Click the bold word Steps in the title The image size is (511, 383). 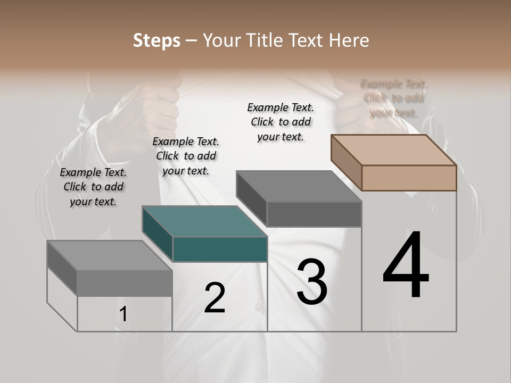point(156,40)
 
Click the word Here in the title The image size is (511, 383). point(349,40)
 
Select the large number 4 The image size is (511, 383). point(406,266)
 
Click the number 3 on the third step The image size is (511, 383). point(312,282)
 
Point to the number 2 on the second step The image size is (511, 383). point(215,298)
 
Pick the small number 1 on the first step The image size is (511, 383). point(123,314)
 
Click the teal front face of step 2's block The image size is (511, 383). point(220,249)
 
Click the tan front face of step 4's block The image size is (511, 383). point(409,178)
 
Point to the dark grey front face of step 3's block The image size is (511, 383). point(314,214)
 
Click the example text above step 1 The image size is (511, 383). point(93,187)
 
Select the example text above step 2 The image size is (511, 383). point(186,156)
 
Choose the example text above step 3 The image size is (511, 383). point(281,122)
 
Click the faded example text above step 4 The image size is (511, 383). point(394,98)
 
